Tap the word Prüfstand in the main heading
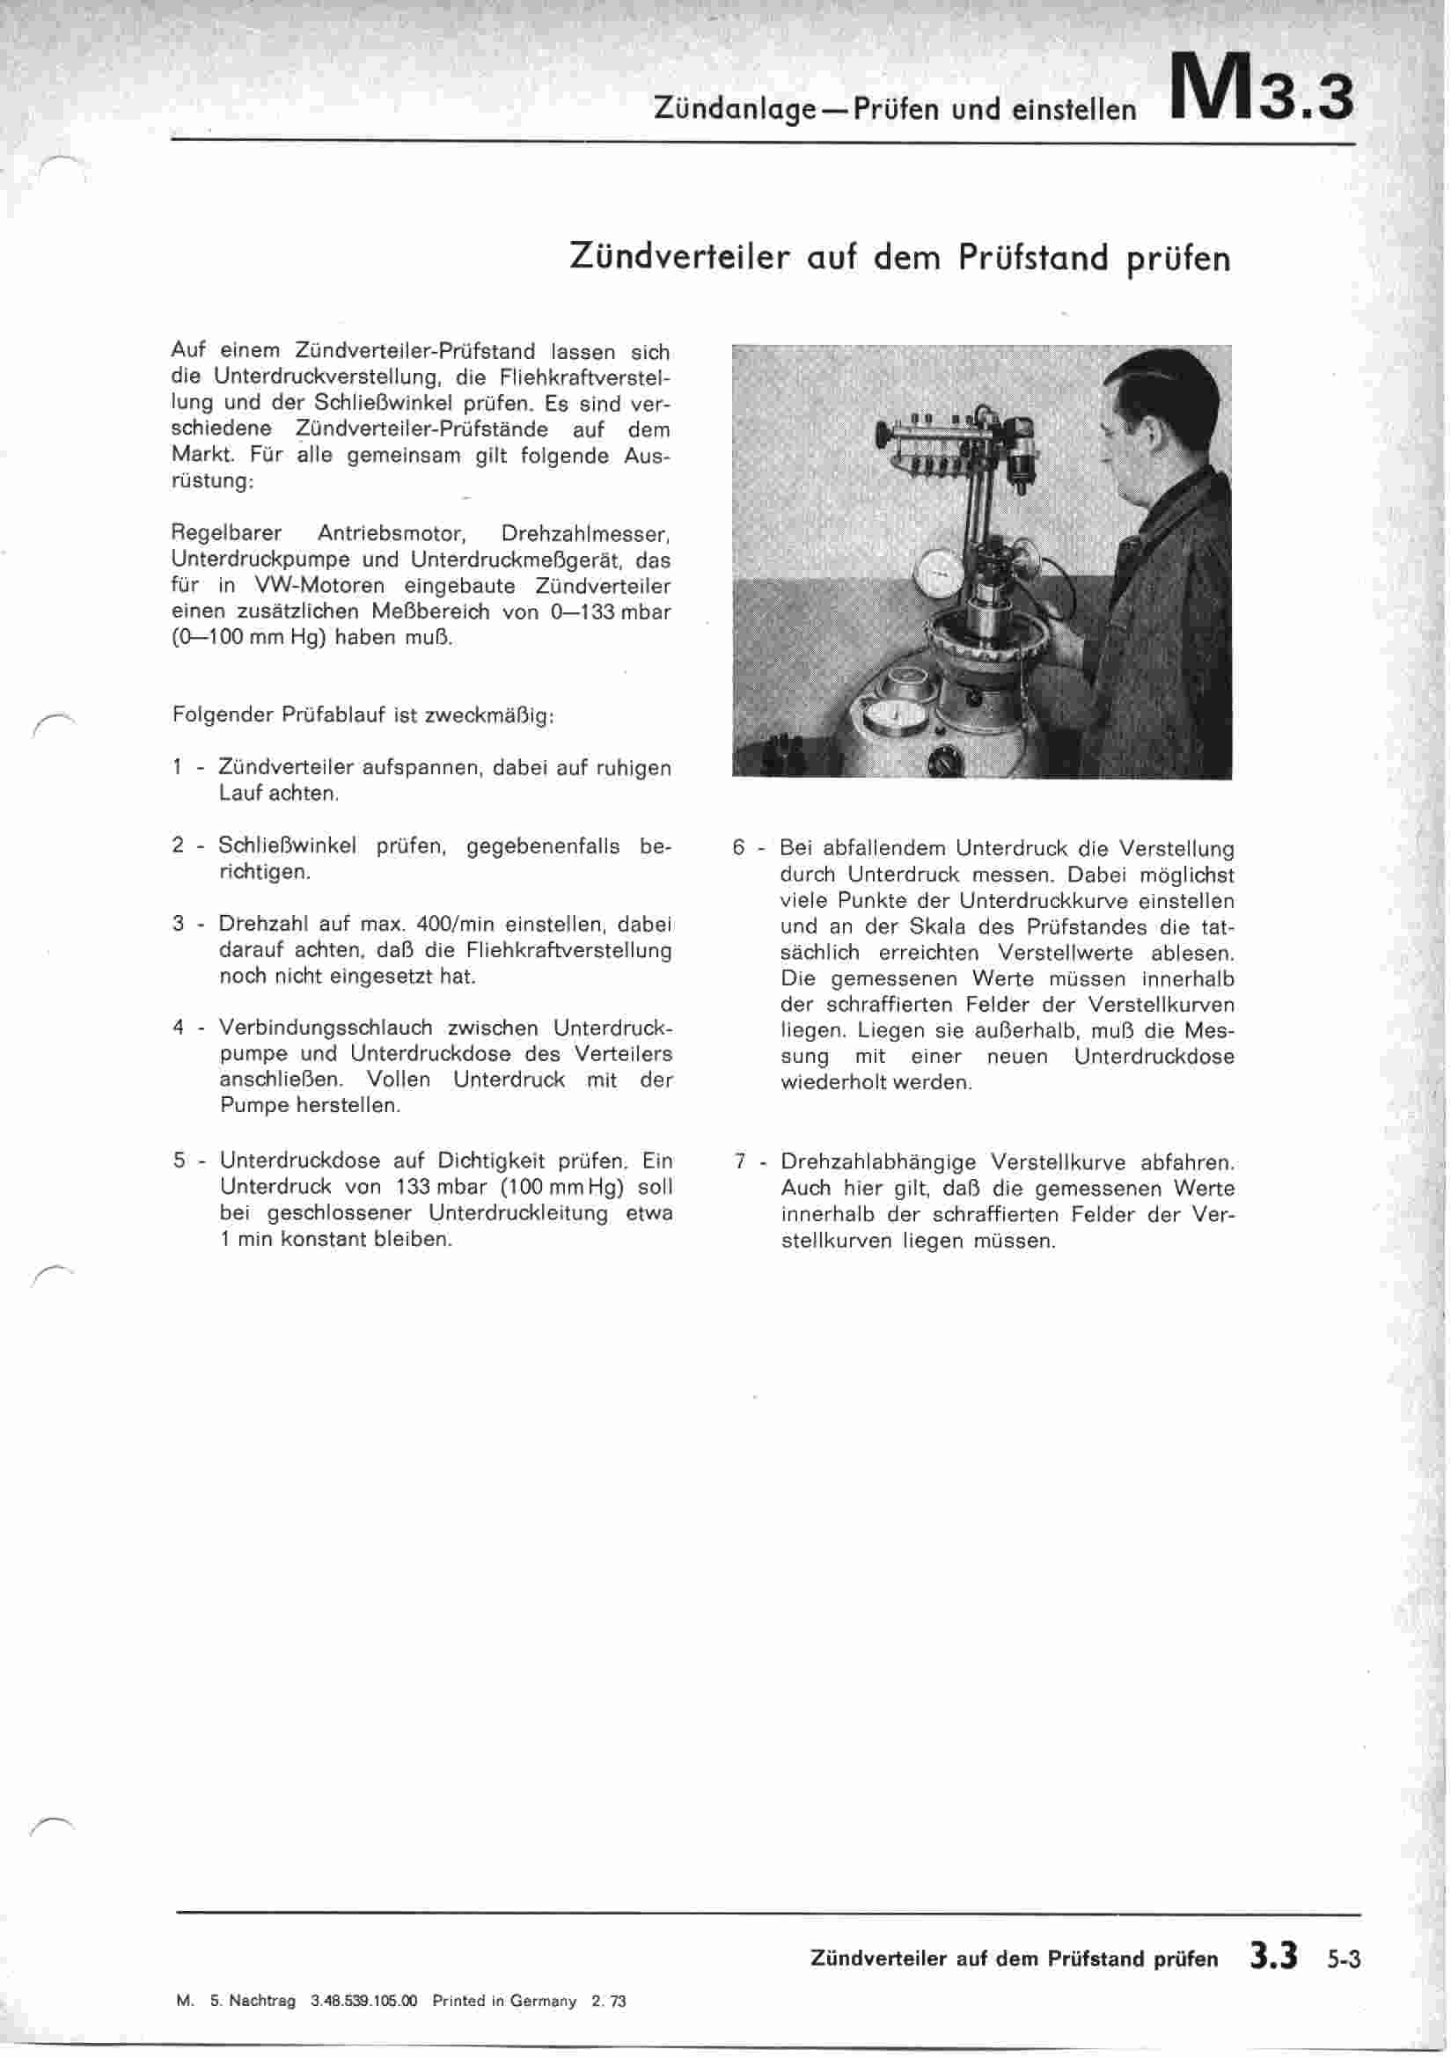[1033, 258]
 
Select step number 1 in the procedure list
[178, 768]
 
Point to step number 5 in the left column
[180, 1161]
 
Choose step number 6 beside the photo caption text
[738, 848]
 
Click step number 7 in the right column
[740, 1163]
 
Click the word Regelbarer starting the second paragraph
[226, 534]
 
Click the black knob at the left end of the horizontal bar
[883, 436]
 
